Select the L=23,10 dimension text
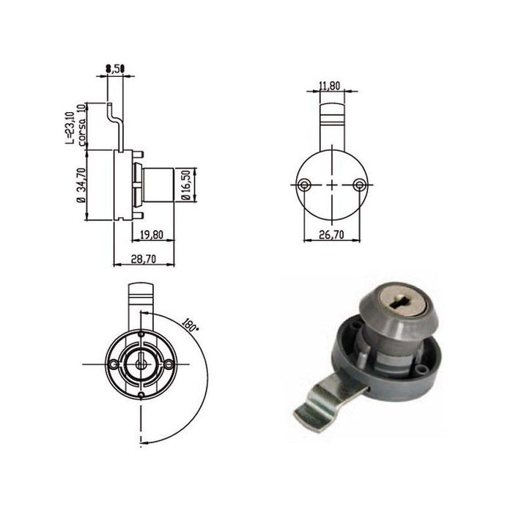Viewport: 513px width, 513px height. point(70,126)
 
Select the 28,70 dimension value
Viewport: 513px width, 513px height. point(143,259)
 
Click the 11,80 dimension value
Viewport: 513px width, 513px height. point(331,86)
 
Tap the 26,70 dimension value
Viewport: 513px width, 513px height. point(331,235)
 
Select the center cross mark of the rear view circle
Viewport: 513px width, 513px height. point(332,185)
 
